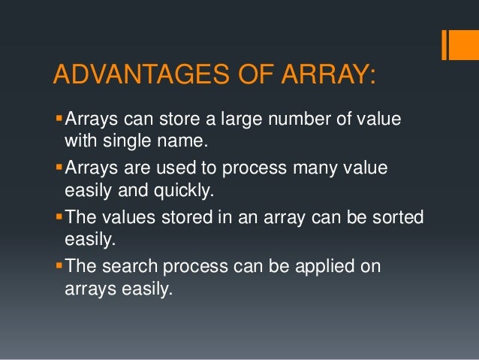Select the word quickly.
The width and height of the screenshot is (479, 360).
[175, 189]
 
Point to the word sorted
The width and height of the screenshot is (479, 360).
[396, 217]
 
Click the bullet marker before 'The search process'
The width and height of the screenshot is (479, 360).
[60, 266]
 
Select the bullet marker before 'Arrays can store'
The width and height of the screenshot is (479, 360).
[60, 118]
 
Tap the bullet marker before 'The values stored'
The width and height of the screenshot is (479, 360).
[60, 216]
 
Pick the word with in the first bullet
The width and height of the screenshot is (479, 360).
[79, 140]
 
